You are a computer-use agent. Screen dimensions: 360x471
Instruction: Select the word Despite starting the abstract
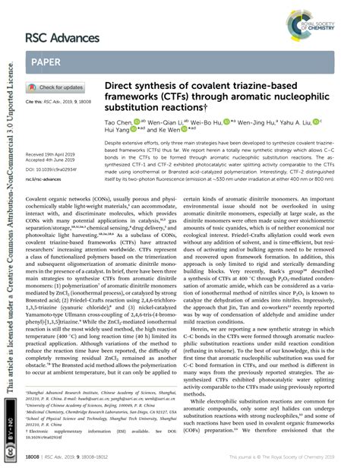pos(115,142)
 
